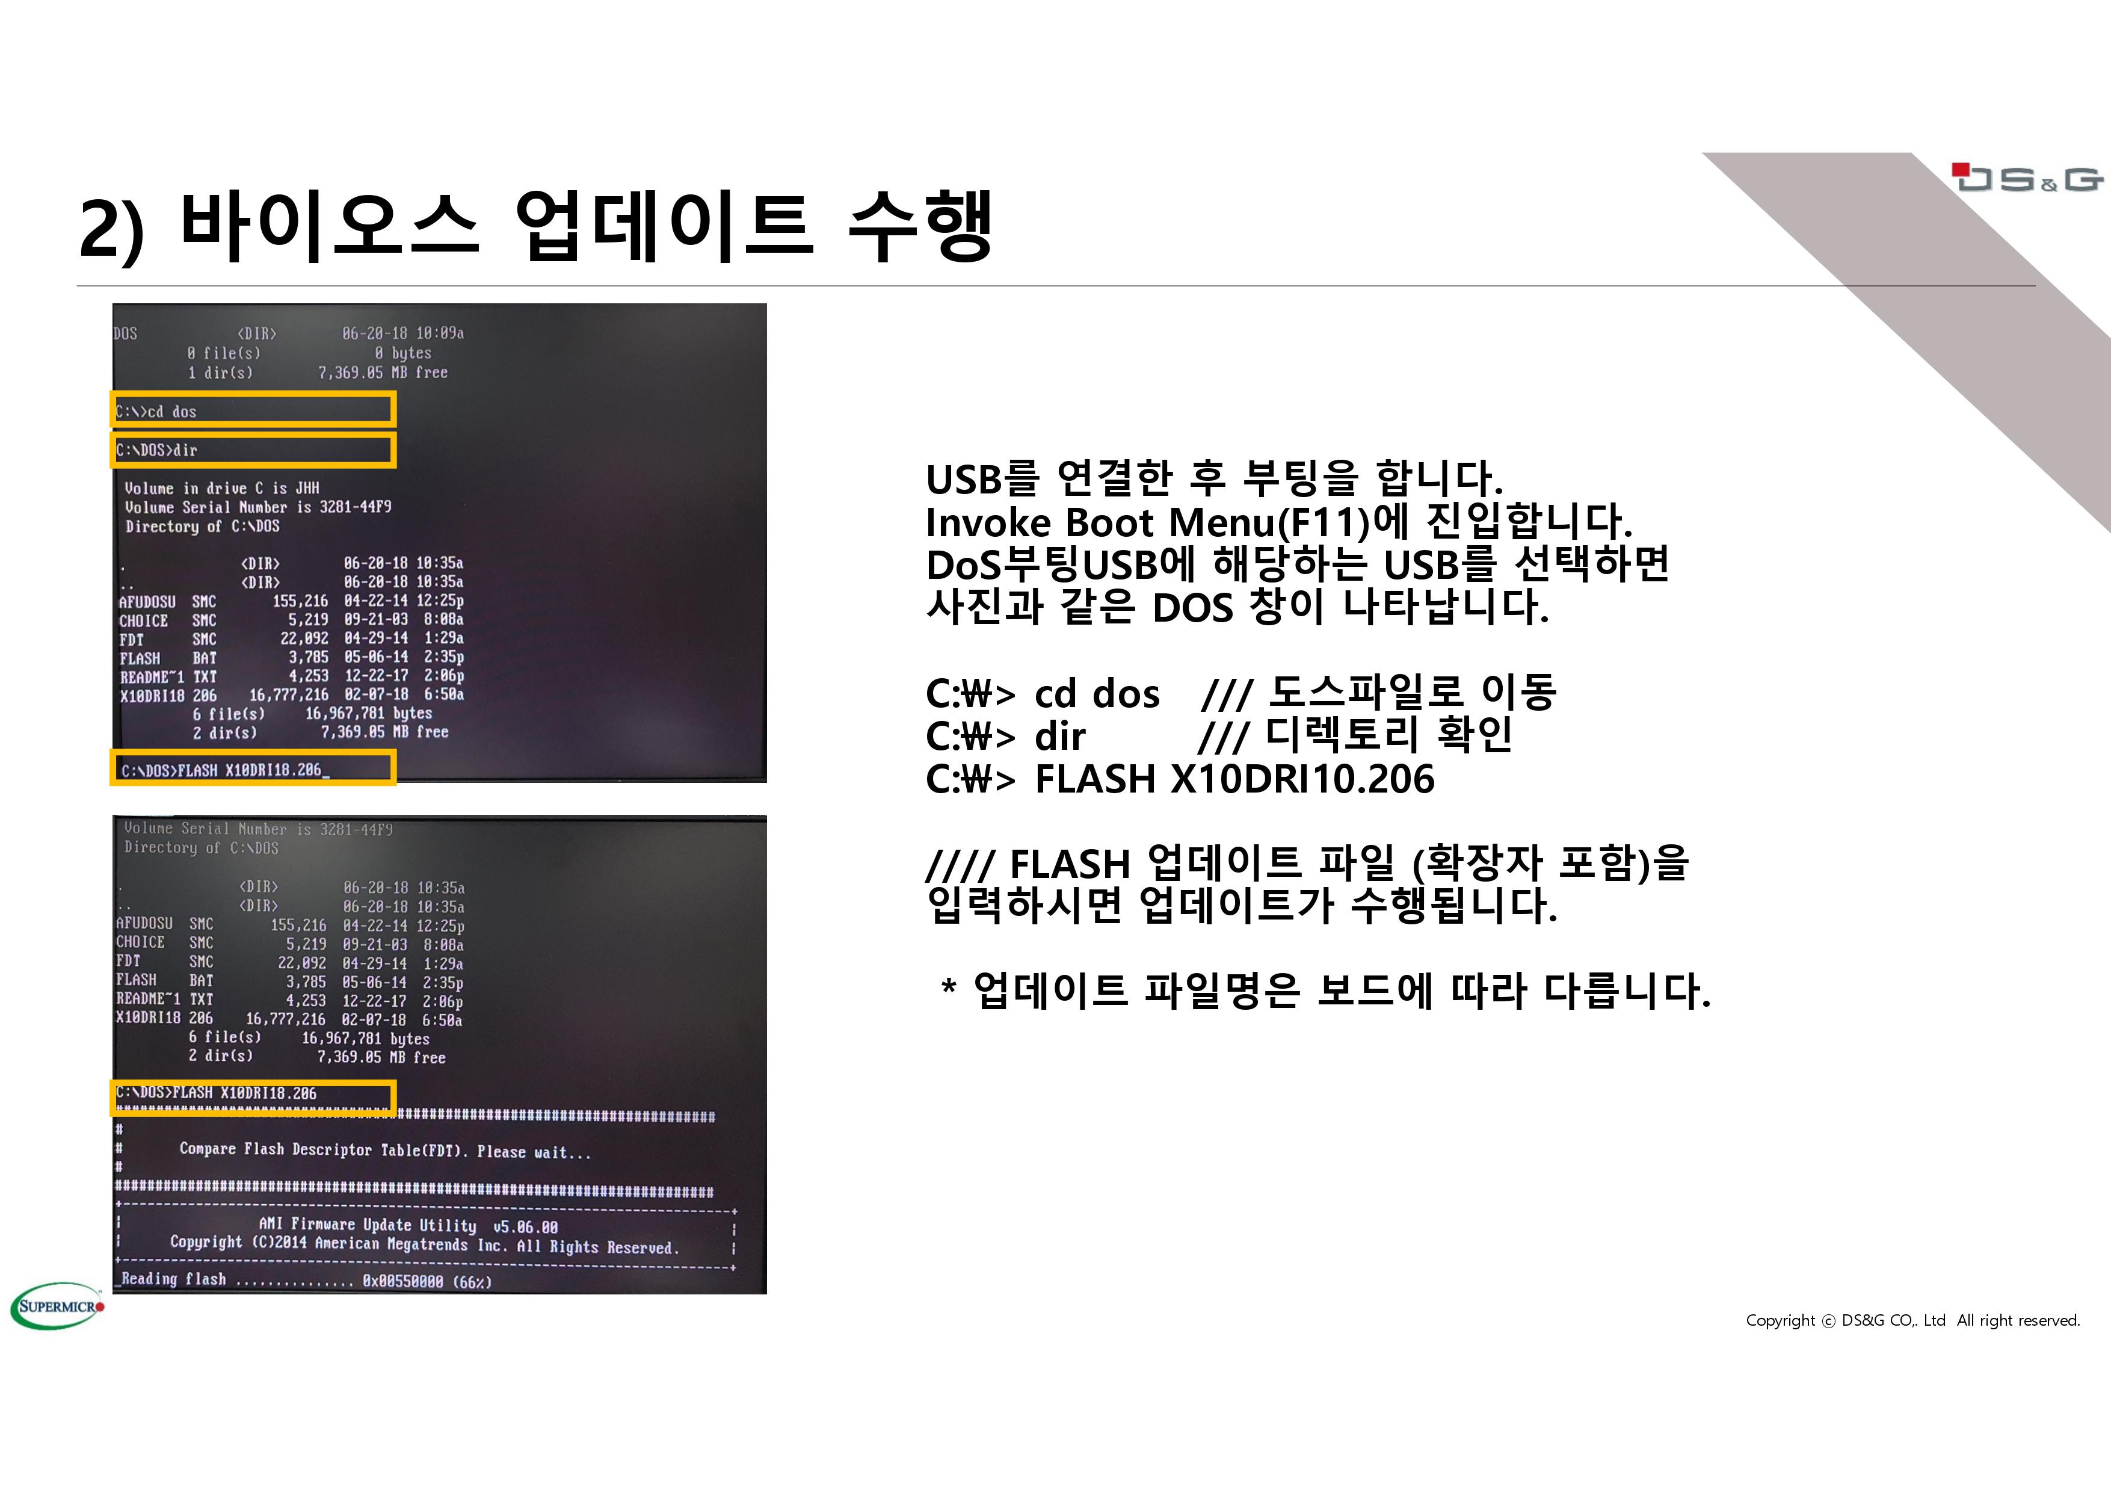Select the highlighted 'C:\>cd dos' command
253,410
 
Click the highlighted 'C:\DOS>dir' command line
253,450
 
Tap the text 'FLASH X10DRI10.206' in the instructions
1234,778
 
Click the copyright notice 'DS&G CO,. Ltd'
1893,1320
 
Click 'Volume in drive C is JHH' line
223,487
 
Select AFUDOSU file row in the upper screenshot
291,601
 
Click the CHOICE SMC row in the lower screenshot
289,943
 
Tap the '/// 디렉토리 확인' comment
1356,735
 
